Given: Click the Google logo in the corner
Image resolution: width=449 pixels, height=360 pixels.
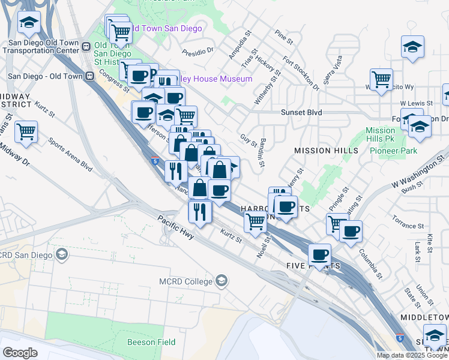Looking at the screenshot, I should (20, 353).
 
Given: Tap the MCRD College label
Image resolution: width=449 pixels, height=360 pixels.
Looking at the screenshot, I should (185, 281).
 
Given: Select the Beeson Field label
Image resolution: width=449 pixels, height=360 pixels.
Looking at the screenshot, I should (151, 342).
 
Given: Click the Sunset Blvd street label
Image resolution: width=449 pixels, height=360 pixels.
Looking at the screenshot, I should (302, 112).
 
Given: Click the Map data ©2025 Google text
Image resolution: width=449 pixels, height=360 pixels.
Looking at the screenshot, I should (412, 355).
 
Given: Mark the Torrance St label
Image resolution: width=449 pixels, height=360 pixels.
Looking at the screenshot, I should (408, 226).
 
